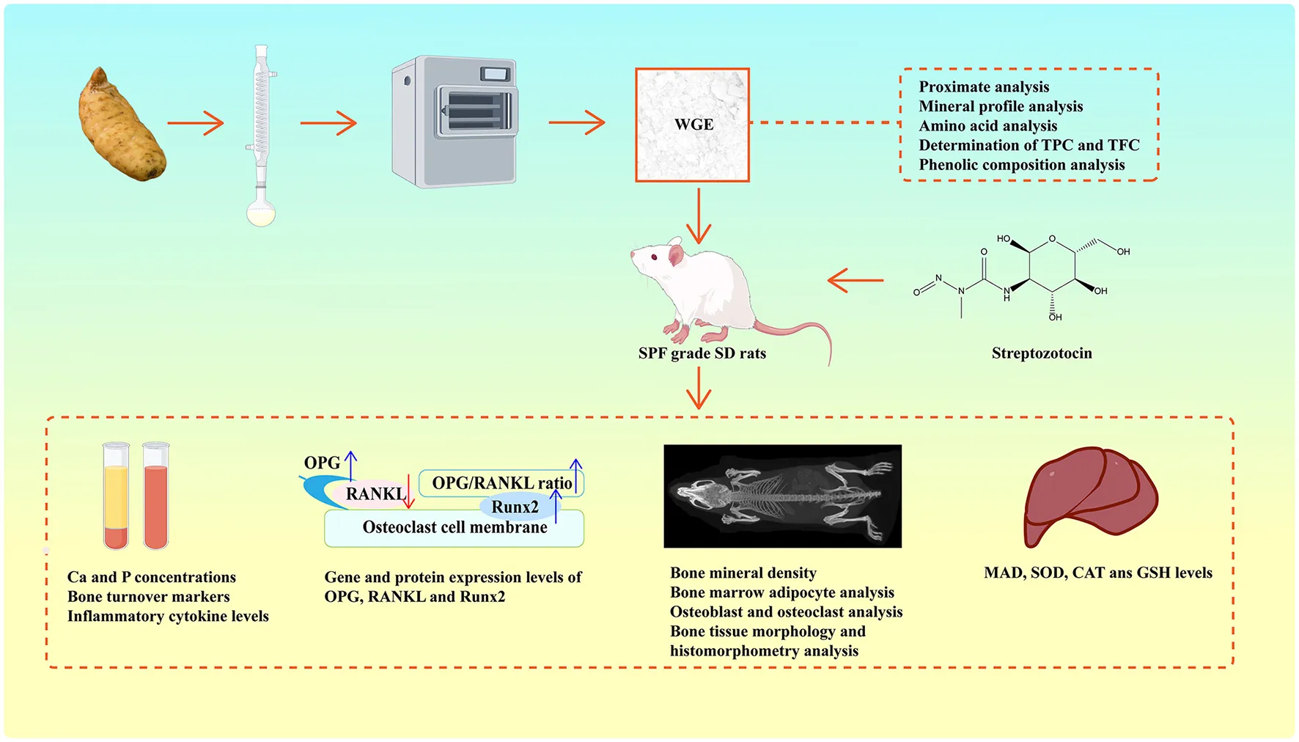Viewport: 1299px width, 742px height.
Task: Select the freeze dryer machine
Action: coord(455,122)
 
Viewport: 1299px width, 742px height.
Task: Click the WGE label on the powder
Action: coord(693,125)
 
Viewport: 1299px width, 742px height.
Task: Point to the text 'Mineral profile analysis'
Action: coord(1001,106)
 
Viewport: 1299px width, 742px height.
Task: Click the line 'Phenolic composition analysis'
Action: coord(1021,165)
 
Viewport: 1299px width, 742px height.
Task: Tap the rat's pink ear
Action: coord(675,255)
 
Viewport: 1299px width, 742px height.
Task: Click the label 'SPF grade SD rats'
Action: coord(702,353)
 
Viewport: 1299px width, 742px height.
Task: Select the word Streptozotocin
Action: coord(1041,353)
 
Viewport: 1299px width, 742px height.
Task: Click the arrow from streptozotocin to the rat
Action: coord(855,280)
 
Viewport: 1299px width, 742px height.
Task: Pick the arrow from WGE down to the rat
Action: coord(699,216)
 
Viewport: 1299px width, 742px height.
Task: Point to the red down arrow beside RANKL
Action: coord(409,492)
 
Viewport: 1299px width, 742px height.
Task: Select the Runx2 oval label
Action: coord(515,507)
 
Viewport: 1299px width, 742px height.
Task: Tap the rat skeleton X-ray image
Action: coord(782,496)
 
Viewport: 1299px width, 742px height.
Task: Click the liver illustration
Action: coord(1090,496)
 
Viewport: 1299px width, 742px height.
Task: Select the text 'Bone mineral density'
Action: coord(743,573)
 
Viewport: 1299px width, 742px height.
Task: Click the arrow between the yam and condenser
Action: coord(195,123)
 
